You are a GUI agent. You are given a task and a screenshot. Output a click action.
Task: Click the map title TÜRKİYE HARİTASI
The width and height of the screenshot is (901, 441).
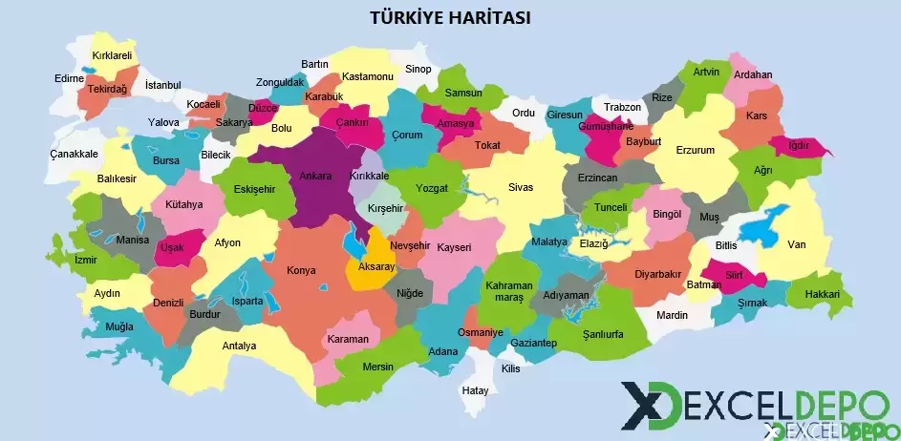pos(450,17)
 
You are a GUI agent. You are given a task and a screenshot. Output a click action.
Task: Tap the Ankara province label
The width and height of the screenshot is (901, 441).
pos(315,176)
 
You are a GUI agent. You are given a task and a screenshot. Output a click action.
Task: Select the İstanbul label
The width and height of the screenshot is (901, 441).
pos(162,85)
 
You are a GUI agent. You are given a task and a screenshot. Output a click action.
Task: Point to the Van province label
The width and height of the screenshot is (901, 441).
pos(796,244)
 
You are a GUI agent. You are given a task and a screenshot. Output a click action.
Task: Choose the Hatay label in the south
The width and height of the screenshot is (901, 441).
pos(475,390)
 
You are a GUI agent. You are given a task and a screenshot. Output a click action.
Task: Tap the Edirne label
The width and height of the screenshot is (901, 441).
pos(70,77)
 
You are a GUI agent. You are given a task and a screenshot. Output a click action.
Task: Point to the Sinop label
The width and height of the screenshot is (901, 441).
pos(418,69)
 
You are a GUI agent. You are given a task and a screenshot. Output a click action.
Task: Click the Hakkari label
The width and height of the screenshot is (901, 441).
pos(823,294)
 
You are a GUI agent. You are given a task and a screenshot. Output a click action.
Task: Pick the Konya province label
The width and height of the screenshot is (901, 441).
pos(301,271)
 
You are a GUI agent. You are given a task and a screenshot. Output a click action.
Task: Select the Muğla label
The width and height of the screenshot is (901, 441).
pos(119,326)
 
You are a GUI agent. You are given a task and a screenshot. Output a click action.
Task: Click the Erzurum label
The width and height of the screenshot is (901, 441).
pos(695,150)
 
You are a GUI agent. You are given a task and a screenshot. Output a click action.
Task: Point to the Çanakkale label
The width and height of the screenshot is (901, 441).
pos(74,154)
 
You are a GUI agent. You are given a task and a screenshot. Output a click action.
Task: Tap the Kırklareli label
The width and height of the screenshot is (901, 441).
pos(112,56)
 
